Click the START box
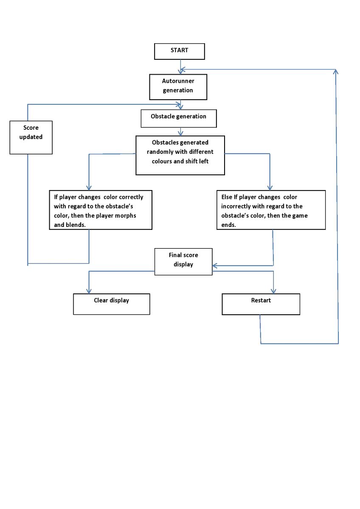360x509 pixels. click(180, 51)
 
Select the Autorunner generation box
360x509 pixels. click(178, 87)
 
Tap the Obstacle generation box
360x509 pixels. click(179, 118)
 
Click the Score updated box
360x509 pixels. click(31, 137)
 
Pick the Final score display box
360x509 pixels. click(183, 262)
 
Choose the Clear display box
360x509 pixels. click(111, 304)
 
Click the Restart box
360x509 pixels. click(261, 304)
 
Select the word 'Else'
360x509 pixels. click(227, 197)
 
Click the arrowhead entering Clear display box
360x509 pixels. click(89, 291)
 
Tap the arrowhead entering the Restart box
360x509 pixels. click(273, 291)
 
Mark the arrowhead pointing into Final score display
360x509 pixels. click(215, 266)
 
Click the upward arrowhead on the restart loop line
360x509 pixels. click(335, 72)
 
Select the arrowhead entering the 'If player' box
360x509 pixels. click(89, 187)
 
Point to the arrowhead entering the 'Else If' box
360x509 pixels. click(270, 187)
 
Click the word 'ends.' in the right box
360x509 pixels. click(228, 225)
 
